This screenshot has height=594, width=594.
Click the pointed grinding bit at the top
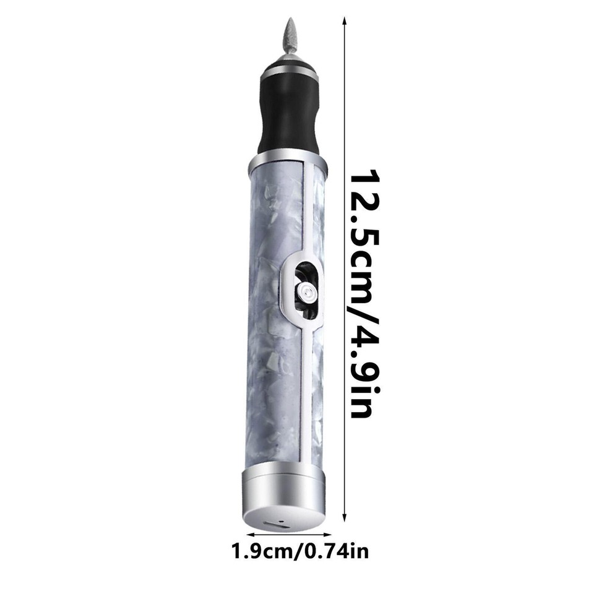tap(290, 37)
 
